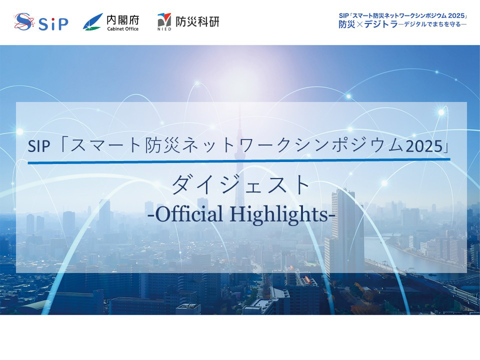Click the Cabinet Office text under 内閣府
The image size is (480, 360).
pyautogui.click(x=123, y=29)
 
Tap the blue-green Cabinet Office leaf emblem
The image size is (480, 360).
pyautogui.click(x=93, y=21)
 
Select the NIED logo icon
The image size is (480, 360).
pyautogui.click(x=164, y=20)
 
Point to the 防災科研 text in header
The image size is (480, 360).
pyautogui.click(x=197, y=21)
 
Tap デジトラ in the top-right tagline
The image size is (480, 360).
pyautogui.click(x=381, y=24)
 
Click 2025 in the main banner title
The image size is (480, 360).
pyautogui.click(x=424, y=146)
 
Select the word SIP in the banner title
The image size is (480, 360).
pyautogui.click(x=39, y=146)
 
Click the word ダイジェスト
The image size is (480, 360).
pyautogui.click(x=241, y=184)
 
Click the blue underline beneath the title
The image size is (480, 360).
pyautogui.click(x=239, y=161)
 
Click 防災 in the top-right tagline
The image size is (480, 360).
pyautogui.click(x=346, y=24)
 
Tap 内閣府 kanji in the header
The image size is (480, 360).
pyautogui.click(x=123, y=20)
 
